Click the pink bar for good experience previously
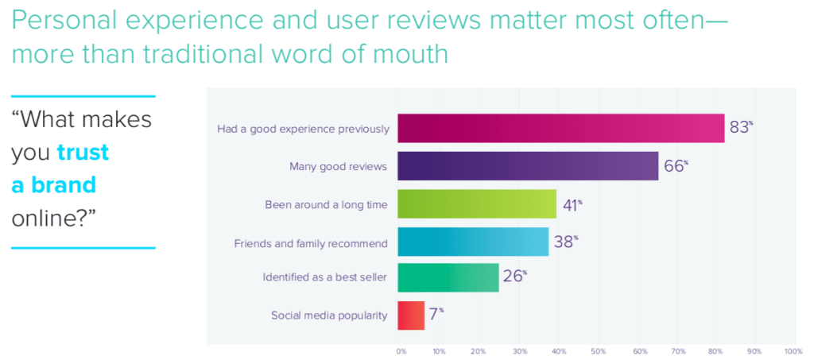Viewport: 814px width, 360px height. pyautogui.click(x=560, y=129)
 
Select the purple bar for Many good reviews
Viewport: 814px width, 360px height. pyautogui.click(x=528, y=166)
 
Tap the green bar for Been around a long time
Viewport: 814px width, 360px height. pyautogui.click(x=476, y=204)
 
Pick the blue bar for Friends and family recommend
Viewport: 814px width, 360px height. pyautogui.click(x=472, y=241)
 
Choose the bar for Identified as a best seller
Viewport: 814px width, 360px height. pyautogui.click(x=448, y=278)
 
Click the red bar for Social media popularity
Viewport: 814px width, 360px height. pyautogui.click(x=411, y=315)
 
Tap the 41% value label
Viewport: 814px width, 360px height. pyautogui.click(x=572, y=204)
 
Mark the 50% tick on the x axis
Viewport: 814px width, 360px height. pyautogui.click(x=597, y=350)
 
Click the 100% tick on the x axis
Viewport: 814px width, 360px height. pyautogui.click(x=793, y=350)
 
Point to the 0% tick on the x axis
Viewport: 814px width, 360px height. pyautogui.click(x=401, y=350)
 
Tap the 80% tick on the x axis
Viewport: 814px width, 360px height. pyautogui.click(x=714, y=350)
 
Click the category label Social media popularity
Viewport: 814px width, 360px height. pyautogui.click(x=329, y=315)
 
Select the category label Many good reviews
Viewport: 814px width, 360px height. pyautogui.click(x=339, y=166)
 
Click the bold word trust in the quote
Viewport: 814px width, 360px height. pyautogui.click(x=83, y=153)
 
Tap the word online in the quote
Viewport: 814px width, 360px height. pyautogui.click(x=49, y=219)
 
